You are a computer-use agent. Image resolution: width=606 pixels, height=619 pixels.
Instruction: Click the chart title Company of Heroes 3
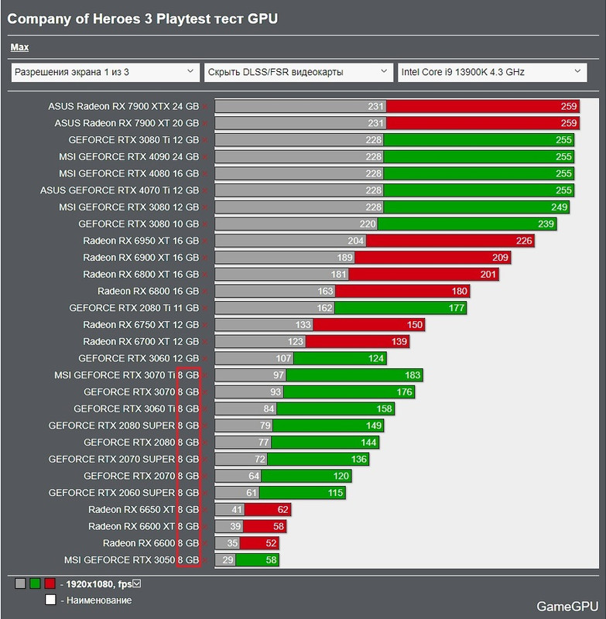[x=142, y=19]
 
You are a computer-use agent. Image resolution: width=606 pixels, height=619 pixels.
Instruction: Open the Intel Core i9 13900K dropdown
[x=491, y=72]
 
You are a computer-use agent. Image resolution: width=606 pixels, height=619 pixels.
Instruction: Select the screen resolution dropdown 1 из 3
[x=105, y=72]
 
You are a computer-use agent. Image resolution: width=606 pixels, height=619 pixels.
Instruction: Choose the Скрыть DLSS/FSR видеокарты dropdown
[x=299, y=72]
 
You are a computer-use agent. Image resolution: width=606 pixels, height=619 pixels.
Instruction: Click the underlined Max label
[x=19, y=47]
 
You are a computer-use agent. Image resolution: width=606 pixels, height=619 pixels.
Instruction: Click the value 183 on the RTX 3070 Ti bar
[x=412, y=375]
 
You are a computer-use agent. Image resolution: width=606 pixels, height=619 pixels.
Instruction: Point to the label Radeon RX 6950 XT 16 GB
[x=141, y=241]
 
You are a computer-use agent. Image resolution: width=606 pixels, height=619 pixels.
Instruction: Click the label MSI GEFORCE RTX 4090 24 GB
[x=128, y=157]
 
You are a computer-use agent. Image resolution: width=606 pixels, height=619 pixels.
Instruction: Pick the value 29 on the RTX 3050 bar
[x=228, y=559]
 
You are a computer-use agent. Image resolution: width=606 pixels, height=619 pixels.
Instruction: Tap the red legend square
[x=50, y=583]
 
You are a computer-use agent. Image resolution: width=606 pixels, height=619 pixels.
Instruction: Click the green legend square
[x=36, y=583]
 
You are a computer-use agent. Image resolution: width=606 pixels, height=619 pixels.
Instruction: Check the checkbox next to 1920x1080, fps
[x=136, y=583]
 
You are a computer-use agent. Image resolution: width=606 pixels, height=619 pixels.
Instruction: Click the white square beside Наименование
[x=50, y=600]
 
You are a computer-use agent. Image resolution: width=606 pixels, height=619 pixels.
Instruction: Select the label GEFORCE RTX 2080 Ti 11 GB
[x=134, y=308]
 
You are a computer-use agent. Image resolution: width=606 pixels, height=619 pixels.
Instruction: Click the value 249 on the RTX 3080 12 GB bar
[x=558, y=207]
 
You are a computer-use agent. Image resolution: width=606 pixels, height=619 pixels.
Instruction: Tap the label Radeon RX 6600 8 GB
[x=151, y=543]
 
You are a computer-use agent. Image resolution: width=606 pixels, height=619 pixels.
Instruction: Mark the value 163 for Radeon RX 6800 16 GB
[x=325, y=291]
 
